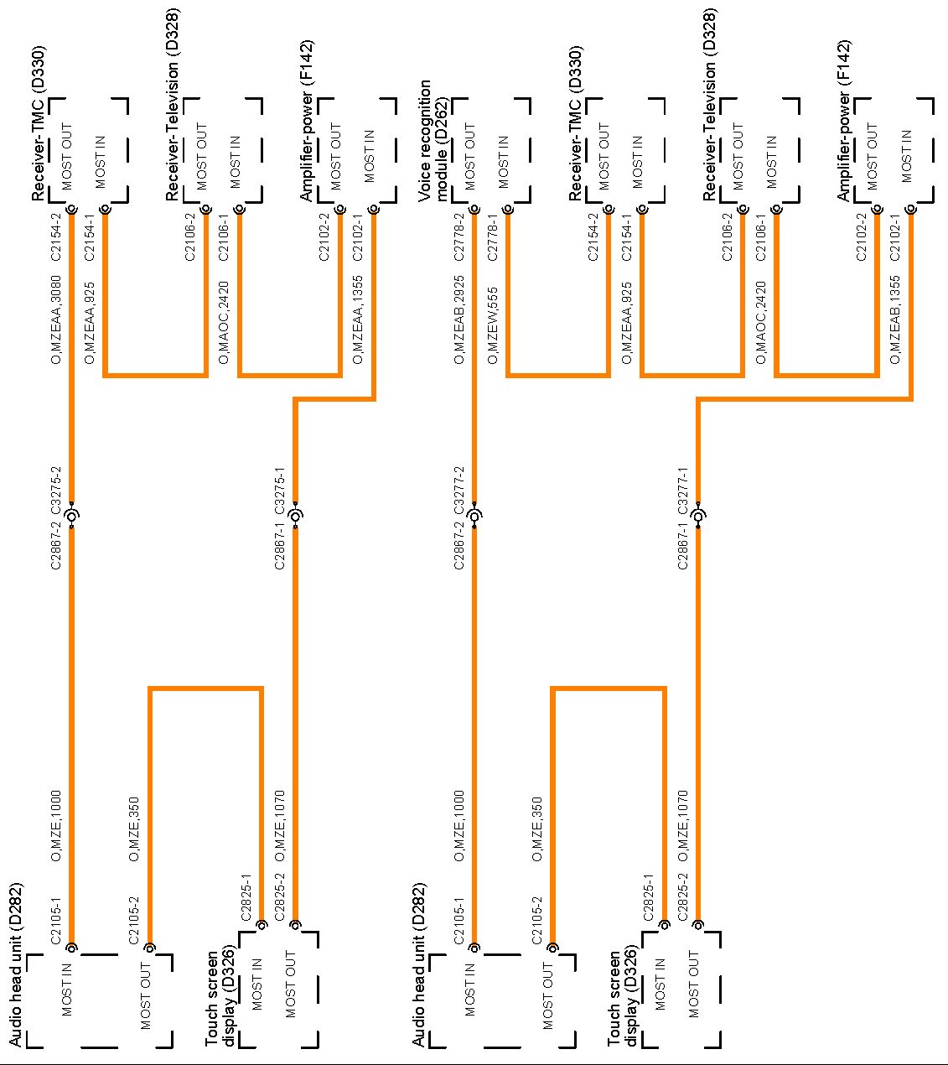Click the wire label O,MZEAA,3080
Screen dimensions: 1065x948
pos(56,319)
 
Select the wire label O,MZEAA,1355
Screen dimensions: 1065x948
pos(358,319)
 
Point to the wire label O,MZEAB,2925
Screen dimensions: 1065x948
pos(459,319)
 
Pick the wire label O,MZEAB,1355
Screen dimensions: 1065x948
pos(895,319)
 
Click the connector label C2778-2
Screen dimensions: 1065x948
pos(459,237)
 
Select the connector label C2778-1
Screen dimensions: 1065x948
pos(493,237)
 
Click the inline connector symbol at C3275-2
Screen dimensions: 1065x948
pos(73,516)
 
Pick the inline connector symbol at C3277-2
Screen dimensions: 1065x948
pos(475,516)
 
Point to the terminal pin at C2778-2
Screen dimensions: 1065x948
pos(475,210)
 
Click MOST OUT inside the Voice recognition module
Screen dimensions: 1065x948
pos(469,158)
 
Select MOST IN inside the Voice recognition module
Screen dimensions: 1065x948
pos(503,162)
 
